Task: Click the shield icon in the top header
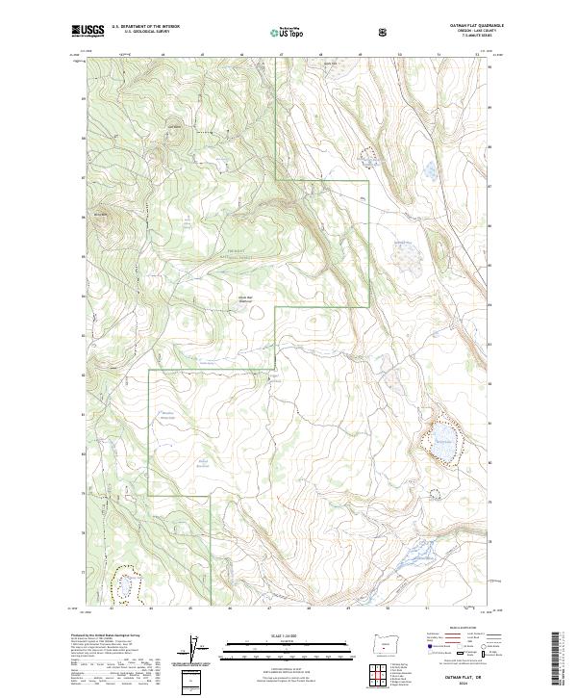pyautogui.click(x=385, y=31)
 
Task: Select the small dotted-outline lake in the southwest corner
pyautogui.click(x=126, y=586)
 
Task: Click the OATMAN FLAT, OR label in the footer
pyautogui.click(x=459, y=678)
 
